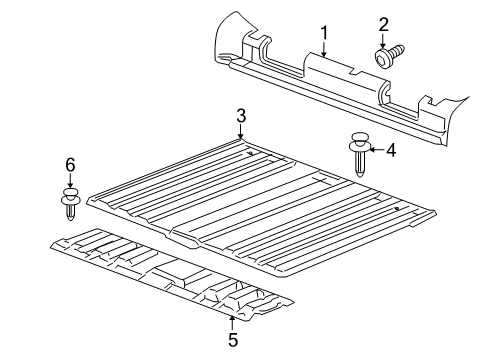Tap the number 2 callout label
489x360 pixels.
[x=383, y=22]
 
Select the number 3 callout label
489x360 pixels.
[x=241, y=116]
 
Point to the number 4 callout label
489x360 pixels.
[x=391, y=151]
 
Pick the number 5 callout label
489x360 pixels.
[x=232, y=340]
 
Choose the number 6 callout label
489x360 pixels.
[x=69, y=164]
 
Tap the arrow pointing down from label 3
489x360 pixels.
[x=241, y=132]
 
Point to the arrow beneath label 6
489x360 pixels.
[x=69, y=179]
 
